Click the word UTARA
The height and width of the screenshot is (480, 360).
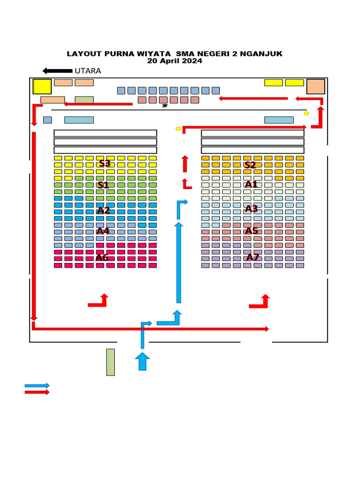point(88,71)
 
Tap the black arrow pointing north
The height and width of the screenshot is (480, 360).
point(58,71)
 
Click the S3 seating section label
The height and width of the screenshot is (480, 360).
point(105,163)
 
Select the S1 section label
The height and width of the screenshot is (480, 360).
point(103,185)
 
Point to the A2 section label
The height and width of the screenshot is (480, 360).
point(103,210)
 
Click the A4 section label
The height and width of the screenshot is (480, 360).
point(103,231)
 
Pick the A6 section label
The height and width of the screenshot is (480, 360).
point(102,257)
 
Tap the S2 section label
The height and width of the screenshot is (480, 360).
point(250,165)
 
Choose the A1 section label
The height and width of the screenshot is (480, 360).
point(251,184)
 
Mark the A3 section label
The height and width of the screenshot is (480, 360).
point(251,209)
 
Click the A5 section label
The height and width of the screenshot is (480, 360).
point(251,231)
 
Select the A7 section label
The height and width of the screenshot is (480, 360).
point(253,257)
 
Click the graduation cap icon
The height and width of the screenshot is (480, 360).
point(165,106)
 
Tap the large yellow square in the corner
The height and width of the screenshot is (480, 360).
point(42,86)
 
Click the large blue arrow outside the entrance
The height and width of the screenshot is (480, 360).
point(142,361)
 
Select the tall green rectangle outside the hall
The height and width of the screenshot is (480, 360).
point(111,362)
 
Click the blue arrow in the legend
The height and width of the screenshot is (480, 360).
point(37,386)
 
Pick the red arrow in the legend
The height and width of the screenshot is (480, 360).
point(37,392)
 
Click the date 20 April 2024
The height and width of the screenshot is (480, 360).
point(174,60)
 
